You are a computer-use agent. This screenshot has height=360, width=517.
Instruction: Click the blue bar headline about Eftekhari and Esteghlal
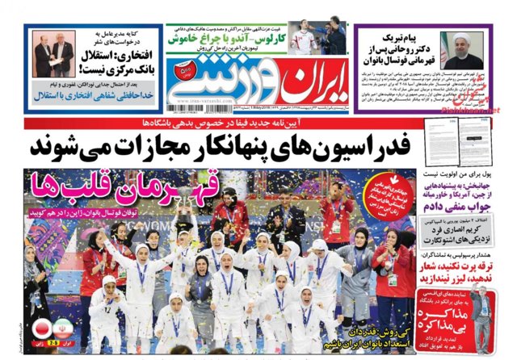[97, 95]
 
